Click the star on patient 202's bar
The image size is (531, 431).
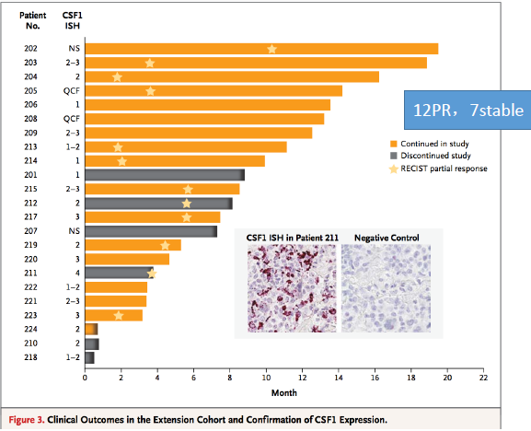[x=271, y=49]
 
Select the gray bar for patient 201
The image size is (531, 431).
[x=165, y=175]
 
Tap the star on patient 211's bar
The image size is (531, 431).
[x=152, y=274]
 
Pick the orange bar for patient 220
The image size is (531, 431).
[x=127, y=259]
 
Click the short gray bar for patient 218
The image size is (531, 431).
[x=90, y=357]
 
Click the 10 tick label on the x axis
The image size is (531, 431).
[x=266, y=378]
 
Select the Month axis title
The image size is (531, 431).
[x=284, y=392]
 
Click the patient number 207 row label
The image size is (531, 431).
[x=30, y=231]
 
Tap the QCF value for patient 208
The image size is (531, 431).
[x=72, y=119]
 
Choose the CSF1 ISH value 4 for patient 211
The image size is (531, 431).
[x=77, y=274]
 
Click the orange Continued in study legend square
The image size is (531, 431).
[x=394, y=144]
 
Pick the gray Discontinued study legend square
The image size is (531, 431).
[x=394, y=156]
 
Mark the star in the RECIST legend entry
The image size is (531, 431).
[x=394, y=169]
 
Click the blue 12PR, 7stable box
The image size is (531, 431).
[x=468, y=111]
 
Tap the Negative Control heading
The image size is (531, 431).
[x=387, y=238]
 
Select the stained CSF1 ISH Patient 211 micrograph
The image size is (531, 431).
[x=292, y=288]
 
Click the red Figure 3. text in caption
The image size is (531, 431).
[x=27, y=420]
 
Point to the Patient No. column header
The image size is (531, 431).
[x=33, y=20]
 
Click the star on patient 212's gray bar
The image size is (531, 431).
[x=186, y=204]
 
